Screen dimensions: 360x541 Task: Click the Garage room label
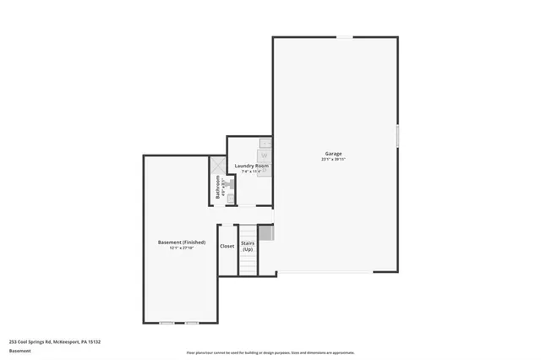point(334,154)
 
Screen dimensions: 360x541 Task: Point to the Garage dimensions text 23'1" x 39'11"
point(334,160)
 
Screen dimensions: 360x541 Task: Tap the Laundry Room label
point(251,166)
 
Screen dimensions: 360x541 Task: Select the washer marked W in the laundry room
point(264,156)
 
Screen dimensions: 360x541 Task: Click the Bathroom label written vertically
point(218,188)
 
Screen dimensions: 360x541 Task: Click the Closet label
point(227,246)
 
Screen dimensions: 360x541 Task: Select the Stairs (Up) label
point(248,246)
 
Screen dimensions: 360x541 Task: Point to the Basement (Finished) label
point(182,242)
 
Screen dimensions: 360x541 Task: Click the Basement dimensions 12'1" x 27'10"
point(182,248)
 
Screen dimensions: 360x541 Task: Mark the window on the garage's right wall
point(397,137)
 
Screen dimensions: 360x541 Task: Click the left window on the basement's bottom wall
point(167,323)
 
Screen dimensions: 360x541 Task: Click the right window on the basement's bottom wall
point(192,323)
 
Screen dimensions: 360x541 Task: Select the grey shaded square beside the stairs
point(265,232)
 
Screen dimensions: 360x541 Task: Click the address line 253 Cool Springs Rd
point(55,341)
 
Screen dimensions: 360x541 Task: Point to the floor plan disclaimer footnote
point(270,353)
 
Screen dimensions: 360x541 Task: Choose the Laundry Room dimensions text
point(251,172)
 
